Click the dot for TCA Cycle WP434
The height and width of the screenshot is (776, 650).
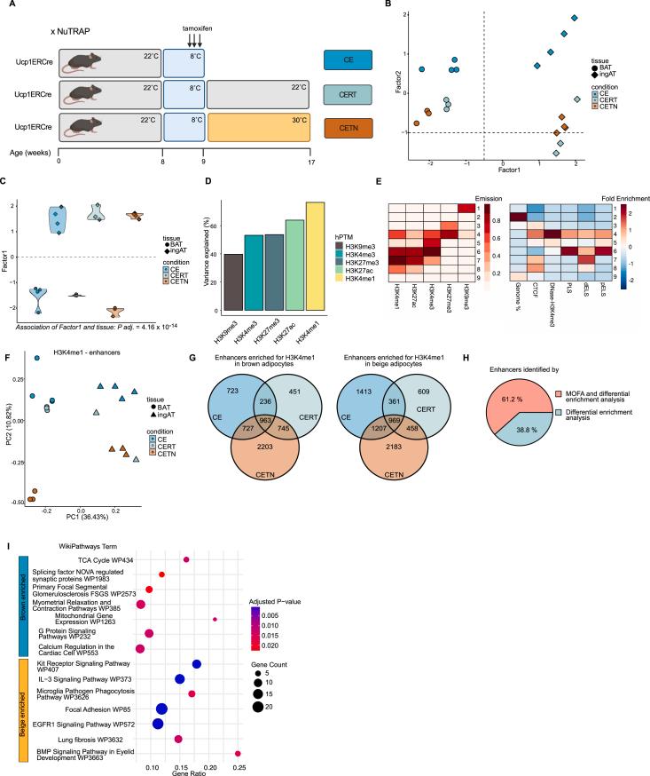click(186, 559)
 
